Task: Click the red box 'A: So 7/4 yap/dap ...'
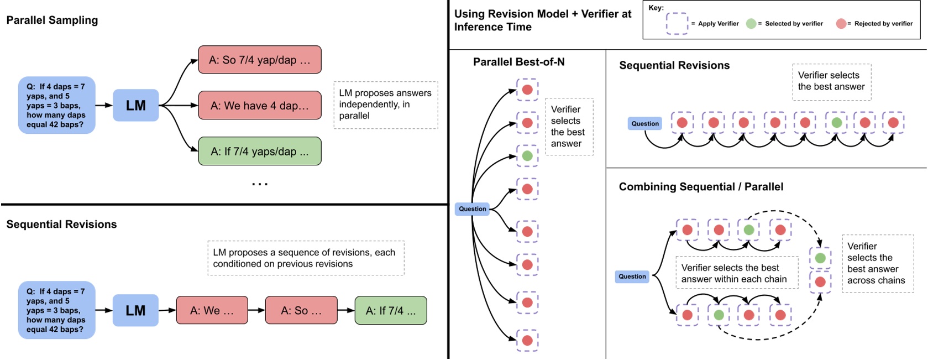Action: (259, 60)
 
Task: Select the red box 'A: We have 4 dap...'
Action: (259, 105)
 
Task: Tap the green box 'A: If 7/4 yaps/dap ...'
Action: (259, 151)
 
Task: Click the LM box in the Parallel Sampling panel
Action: (135, 105)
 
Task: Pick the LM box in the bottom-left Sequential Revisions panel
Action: (135, 310)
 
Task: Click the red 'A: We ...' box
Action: (212, 310)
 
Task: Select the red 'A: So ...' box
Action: (301, 310)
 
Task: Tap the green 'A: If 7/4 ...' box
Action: (390, 310)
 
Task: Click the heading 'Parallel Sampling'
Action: (52, 20)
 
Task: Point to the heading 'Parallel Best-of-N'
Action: (518, 62)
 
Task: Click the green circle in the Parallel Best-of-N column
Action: (527, 156)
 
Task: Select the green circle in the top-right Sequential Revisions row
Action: (836, 123)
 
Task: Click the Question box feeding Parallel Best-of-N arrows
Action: (472, 208)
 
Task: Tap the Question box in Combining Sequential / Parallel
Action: (632, 276)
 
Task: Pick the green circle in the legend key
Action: (751, 23)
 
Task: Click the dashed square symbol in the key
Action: (677, 23)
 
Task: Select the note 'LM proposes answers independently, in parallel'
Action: (385, 105)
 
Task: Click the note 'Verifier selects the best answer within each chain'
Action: (736, 273)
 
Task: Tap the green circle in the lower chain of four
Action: (719, 315)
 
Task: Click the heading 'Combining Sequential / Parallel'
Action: (701, 186)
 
